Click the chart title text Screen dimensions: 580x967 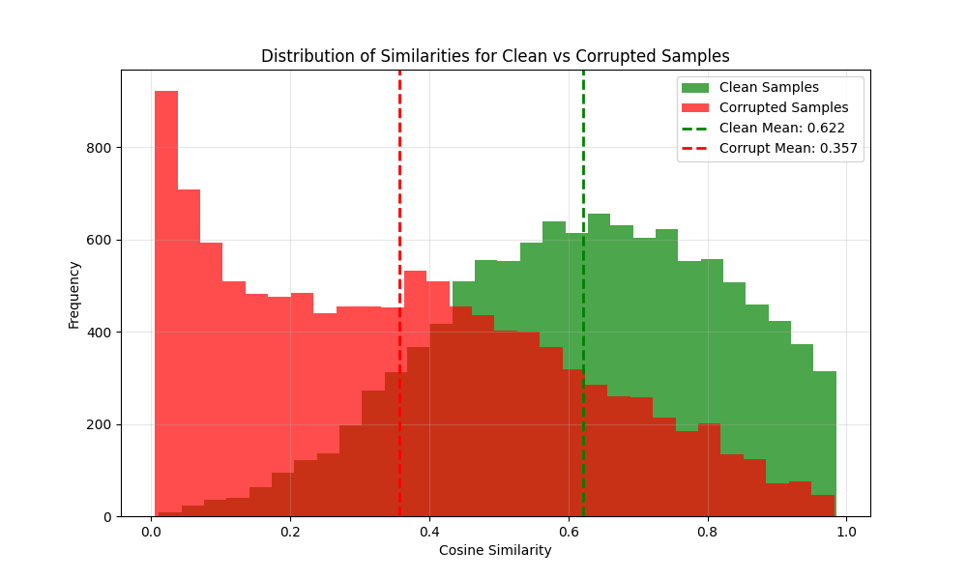[495, 56]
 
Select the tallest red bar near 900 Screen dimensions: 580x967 [166, 290]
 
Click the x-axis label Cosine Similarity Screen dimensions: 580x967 [495, 550]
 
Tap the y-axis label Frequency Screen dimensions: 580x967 [73, 293]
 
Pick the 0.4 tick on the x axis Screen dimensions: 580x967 [429, 532]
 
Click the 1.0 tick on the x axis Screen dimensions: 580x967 [846, 532]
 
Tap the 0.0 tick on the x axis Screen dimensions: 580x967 [151, 532]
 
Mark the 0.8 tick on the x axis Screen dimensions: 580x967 [708, 532]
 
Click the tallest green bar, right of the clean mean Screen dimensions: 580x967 [599, 290]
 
